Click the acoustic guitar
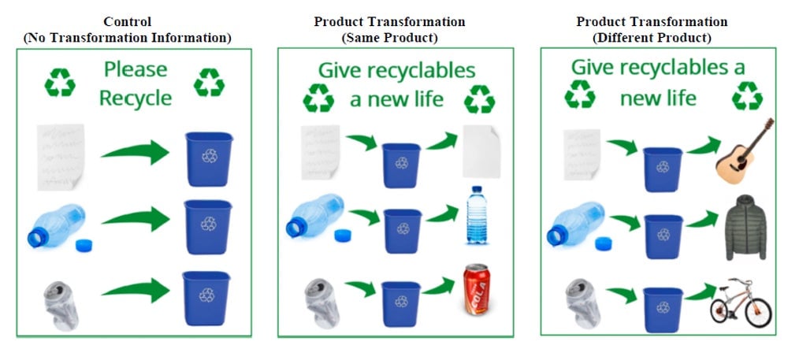point(742,150)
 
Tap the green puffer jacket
point(745,228)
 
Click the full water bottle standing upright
point(476,215)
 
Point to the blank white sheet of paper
point(481,151)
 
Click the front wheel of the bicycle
point(758,312)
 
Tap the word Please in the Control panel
point(136,69)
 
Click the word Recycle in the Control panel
point(136,98)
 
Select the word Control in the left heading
point(127,21)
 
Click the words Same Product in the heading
point(389,38)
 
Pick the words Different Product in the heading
point(652,38)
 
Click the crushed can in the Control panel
point(61,305)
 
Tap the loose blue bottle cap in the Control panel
point(84,246)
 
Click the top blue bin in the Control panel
point(209,158)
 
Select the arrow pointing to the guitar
point(704,146)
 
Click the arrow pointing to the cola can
point(438,286)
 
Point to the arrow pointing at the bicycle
point(700,291)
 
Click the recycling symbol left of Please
point(60,82)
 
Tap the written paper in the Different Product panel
point(582,154)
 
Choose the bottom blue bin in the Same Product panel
point(401,304)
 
